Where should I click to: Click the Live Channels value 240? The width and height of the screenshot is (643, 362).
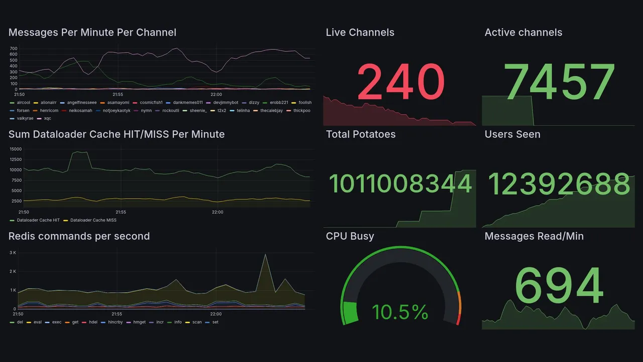pos(401,82)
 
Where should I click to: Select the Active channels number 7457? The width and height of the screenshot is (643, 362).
pos(560,82)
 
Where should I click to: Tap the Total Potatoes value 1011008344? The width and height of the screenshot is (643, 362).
pos(400,184)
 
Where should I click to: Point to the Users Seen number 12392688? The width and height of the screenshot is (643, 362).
pos(559,184)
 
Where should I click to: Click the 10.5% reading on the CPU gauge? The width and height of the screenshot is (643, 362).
pos(400,312)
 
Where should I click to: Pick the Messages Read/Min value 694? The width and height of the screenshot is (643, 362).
pos(559,286)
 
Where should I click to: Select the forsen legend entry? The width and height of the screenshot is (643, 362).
pos(23,110)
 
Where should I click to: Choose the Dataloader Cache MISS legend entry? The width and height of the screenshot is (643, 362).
pos(93,220)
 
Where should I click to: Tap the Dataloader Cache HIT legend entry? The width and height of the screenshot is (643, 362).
pos(38,220)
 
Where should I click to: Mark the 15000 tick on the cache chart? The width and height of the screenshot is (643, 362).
pos(16,149)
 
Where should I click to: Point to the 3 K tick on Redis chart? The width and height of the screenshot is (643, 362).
pos(13,252)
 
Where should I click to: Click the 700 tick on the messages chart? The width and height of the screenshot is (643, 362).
pos(14,48)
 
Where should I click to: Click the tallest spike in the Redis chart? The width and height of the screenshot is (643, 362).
pos(265,255)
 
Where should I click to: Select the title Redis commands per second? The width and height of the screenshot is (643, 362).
pos(79,236)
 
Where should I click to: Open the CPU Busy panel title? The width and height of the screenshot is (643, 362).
pos(350,236)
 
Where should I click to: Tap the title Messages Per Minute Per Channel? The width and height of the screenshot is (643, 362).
pos(92,33)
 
